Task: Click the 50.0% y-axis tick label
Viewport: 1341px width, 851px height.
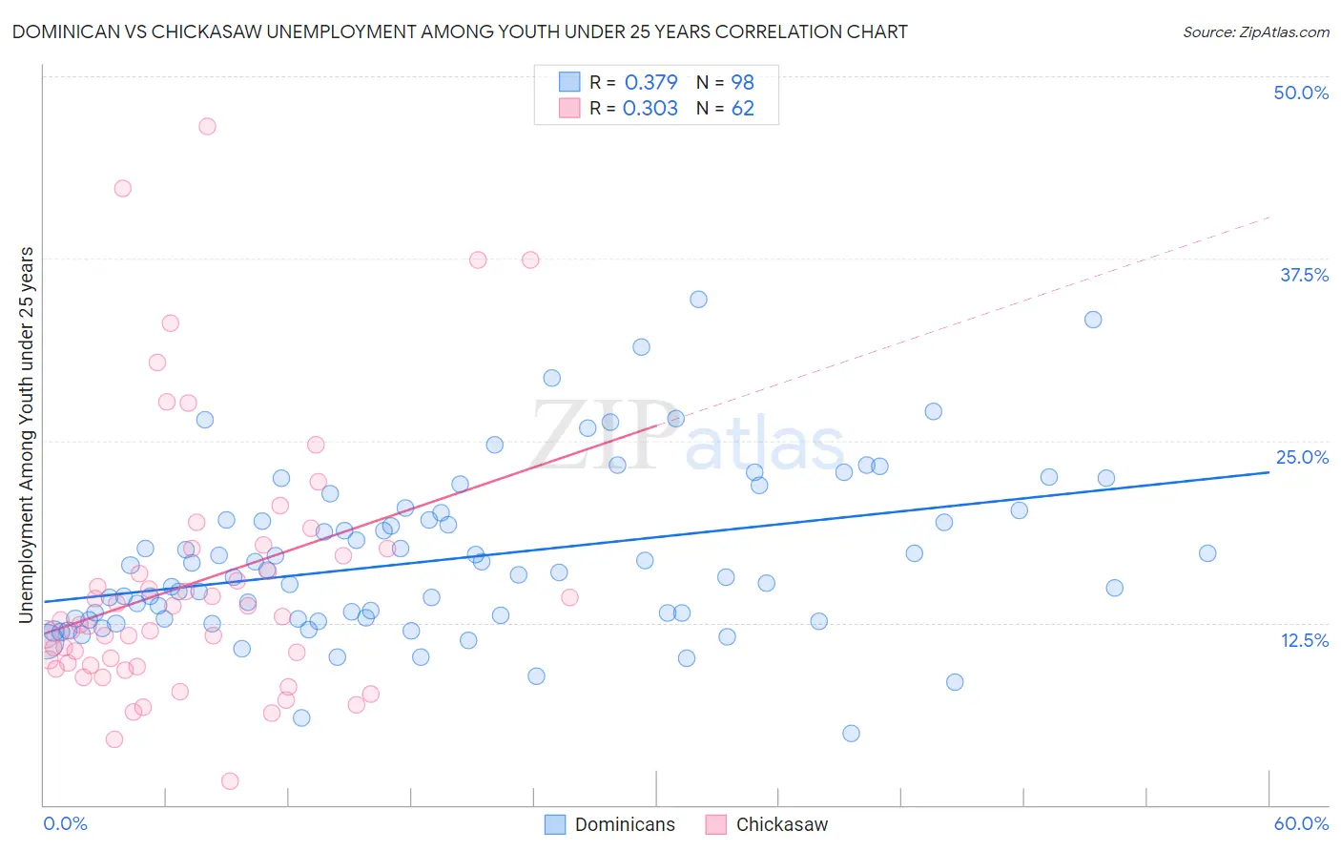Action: point(1301,93)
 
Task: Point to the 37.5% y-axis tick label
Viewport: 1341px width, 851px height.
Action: point(1304,275)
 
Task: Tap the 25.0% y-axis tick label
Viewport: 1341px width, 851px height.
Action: point(1302,457)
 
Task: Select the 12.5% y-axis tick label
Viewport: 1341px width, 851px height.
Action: point(1304,640)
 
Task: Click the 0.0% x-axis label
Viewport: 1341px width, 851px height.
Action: point(65,823)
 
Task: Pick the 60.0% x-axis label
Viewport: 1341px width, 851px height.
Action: point(1301,823)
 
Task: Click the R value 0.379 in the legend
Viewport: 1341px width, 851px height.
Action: point(650,82)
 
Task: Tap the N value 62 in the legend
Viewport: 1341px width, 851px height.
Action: point(743,109)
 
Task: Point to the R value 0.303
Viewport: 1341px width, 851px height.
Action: point(650,109)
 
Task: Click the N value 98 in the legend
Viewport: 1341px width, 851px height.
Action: point(743,82)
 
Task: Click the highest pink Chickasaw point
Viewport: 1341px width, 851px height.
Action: point(207,126)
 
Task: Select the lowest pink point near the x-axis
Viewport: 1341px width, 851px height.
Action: point(230,781)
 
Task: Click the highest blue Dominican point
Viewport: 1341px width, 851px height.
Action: point(698,300)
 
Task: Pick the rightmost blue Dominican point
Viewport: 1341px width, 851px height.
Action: point(1207,553)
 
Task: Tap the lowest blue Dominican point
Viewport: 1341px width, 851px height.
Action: point(851,734)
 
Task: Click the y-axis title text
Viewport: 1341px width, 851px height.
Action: point(27,435)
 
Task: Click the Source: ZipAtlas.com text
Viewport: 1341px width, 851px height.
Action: point(1255,32)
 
